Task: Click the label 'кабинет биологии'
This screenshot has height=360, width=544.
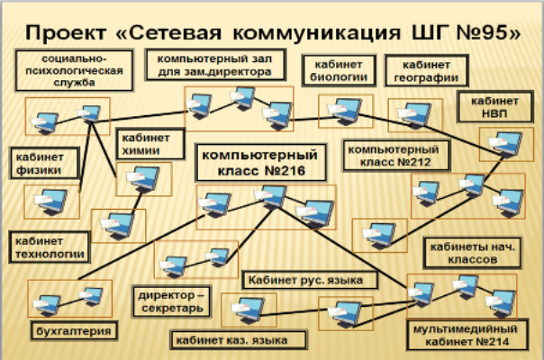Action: (338, 71)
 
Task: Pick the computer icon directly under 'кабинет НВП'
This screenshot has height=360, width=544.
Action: (496, 141)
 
